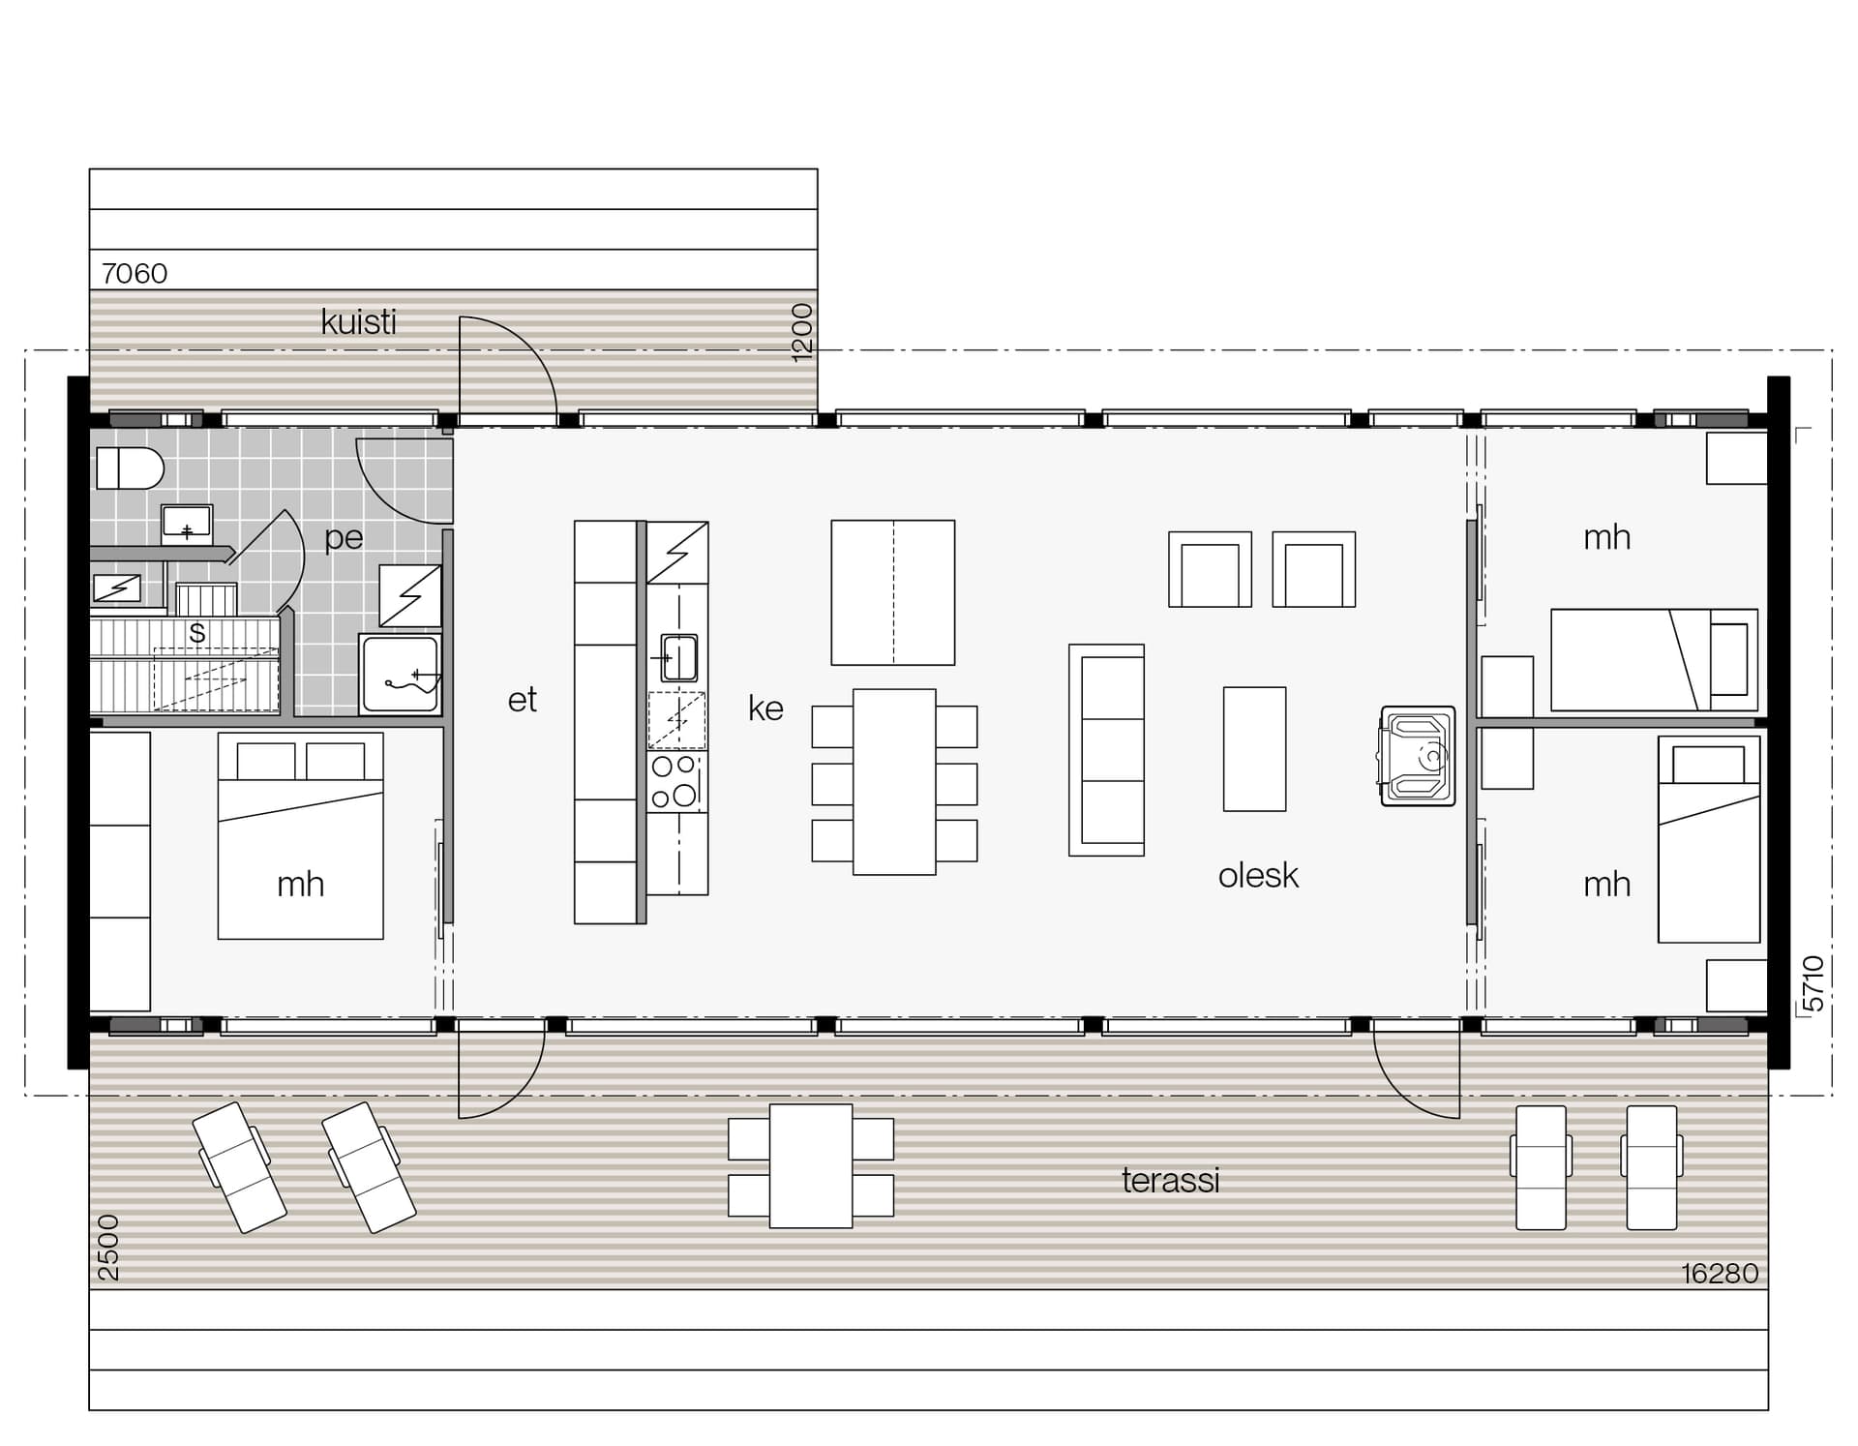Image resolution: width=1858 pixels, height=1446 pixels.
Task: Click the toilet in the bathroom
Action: (130, 468)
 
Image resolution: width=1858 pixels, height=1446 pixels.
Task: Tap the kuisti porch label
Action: (358, 321)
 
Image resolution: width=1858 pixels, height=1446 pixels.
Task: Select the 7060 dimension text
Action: (135, 274)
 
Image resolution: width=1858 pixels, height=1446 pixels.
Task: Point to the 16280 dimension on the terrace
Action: (1720, 1273)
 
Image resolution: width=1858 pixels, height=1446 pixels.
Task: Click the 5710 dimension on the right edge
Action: (1814, 983)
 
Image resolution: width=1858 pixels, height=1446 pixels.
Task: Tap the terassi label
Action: (1171, 1180)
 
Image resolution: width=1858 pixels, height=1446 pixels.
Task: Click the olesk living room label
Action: (1258, 875)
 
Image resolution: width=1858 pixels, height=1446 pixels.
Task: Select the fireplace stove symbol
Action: (1417, 756)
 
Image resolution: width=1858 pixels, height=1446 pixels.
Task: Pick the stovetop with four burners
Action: (676, 782)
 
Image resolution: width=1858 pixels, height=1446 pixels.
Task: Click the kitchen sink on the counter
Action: (678, 657)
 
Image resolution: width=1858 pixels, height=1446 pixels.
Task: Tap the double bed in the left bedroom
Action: (300, 835)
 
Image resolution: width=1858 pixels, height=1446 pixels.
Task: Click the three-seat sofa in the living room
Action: (1106, 750)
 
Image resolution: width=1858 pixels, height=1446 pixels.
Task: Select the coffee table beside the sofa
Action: (1254, 749)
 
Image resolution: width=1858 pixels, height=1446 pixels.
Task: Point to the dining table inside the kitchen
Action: (894, 782)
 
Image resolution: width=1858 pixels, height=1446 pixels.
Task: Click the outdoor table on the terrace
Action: (811, 1166)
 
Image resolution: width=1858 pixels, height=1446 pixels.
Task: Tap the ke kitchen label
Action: (765, 708)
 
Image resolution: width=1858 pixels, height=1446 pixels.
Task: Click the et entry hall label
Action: (522, 700)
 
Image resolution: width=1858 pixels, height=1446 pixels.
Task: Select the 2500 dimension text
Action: (108, 1248)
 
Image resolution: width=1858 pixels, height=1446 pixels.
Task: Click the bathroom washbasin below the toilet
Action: (187, 525)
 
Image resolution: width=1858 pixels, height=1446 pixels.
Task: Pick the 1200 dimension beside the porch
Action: (802, 333)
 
